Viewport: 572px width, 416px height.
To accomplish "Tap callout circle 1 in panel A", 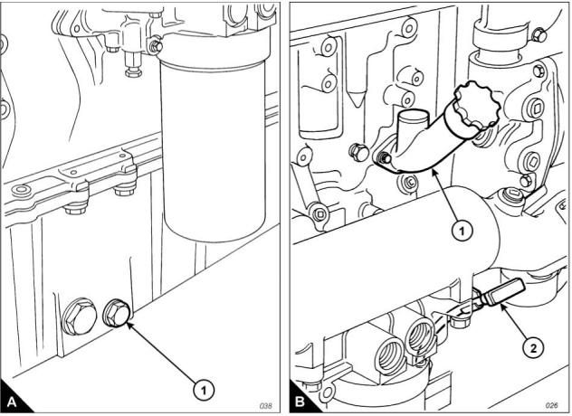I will [x=205, y=389].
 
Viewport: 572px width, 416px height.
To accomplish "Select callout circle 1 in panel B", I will [x=462, y=231].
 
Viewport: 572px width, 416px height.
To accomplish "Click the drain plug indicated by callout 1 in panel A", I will [x=117, y=314].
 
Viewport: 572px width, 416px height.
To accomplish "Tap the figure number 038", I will [x=267, y=405].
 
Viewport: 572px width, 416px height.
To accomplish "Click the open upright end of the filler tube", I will [x=413, y=117].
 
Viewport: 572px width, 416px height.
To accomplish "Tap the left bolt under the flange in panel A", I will [x=73, y=207].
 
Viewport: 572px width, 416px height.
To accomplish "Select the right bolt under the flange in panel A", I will [x=121, y=189].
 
